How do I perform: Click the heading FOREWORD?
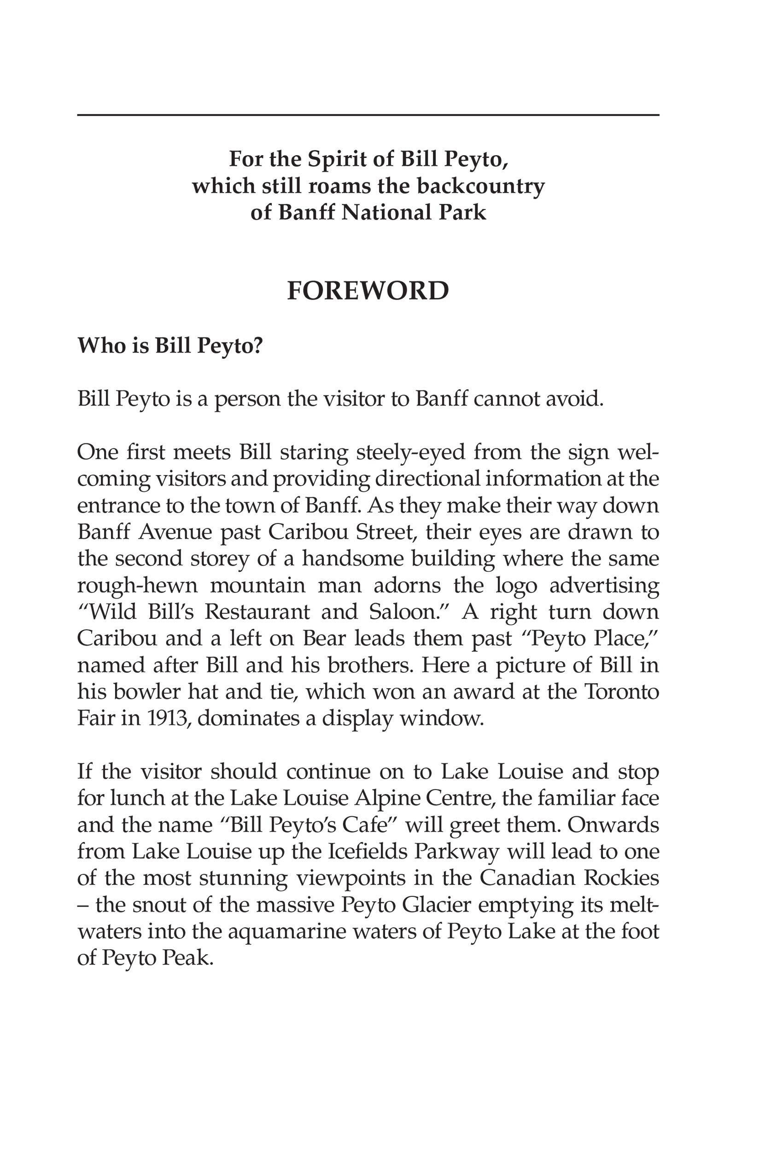368,291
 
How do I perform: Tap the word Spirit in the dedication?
343,159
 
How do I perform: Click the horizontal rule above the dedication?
368,115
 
